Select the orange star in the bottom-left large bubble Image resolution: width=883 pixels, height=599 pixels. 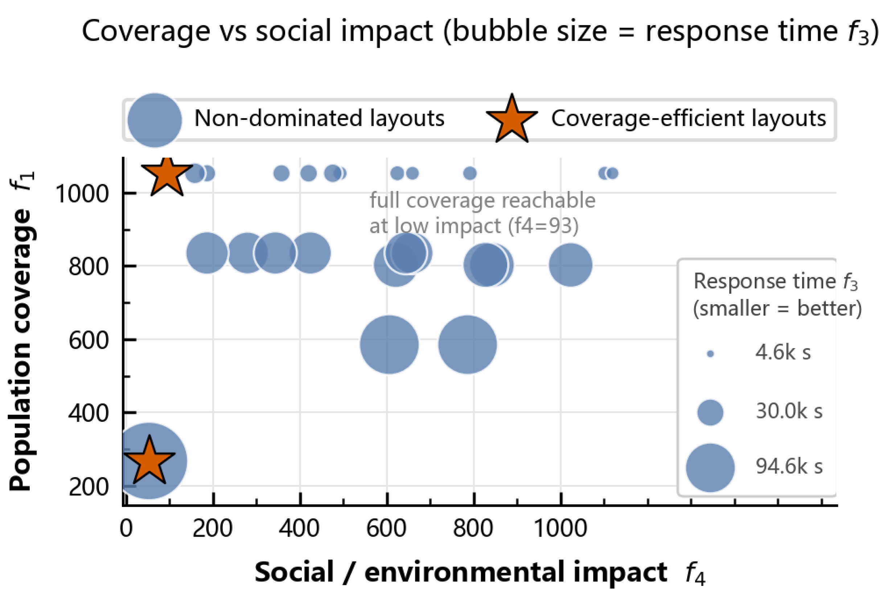coord(149,460)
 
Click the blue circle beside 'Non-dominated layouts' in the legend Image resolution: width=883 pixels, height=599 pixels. coord(154,120)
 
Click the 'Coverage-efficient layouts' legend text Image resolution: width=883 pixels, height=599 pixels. coord(689,118)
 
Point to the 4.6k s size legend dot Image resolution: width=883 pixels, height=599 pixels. coord(710,354)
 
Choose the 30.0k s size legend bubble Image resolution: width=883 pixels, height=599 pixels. coord(710,412)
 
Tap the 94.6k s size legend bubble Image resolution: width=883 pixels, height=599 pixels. coord(710,468)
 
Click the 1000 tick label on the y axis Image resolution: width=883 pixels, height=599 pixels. coord(82,194)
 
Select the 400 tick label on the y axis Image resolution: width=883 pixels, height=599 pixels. coord(88,413)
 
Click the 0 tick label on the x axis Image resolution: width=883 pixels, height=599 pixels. coord(126,528)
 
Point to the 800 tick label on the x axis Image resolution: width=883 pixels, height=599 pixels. coord(473,528)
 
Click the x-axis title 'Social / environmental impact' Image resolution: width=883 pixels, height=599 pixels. coord(460,572)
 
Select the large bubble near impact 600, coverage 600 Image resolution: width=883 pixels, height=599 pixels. coord(389,344)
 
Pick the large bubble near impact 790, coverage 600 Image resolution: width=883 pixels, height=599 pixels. coord(467,344)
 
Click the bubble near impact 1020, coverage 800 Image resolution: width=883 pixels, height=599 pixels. coord(570,265)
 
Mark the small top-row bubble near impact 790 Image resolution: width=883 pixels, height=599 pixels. coord(470,174)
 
